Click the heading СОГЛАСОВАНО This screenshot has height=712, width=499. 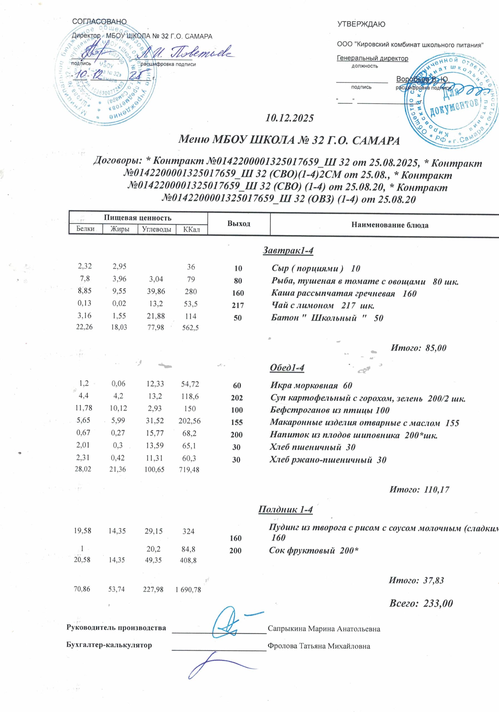coord(99,22)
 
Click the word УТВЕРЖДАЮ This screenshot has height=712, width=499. coord(361,24)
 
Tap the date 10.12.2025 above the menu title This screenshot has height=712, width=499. coord(289,118)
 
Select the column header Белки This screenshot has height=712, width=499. coord(85,229)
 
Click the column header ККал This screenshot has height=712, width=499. coord(191,230)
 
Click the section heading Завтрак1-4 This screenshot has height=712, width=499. coord(288,250)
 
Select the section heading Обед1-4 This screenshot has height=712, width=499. coord(287,368)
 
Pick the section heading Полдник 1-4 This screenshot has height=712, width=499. coord(286,510)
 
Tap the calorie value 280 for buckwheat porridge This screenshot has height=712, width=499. coord(191,291)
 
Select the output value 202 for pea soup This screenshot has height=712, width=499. coord(237,398)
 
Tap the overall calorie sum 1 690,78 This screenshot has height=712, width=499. coord(188,590)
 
